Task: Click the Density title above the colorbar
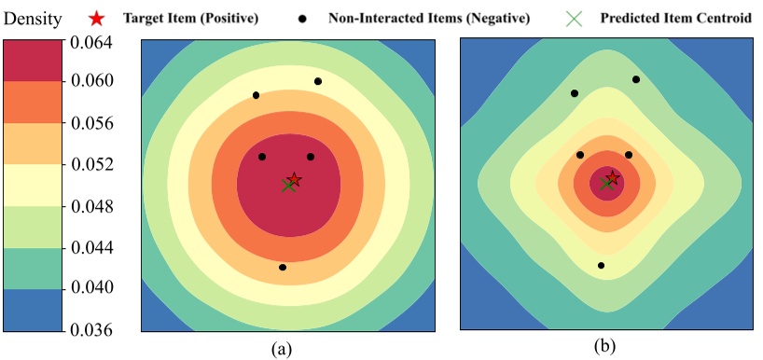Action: pyautogui.click(x=33, y=17)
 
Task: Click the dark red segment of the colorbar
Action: pyautogui.click(x=32, y=61)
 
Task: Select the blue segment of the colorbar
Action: pyautogui.click(x=32, y=309)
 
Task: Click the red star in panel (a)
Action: pyautogui.click(x=294, y=179)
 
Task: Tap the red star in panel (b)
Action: pyautogui.click(x=612, y=177)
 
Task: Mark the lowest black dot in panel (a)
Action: pyautogui.click(x=283, y=268)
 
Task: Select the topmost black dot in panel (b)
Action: pyautogui.click(x=636, y=79)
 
